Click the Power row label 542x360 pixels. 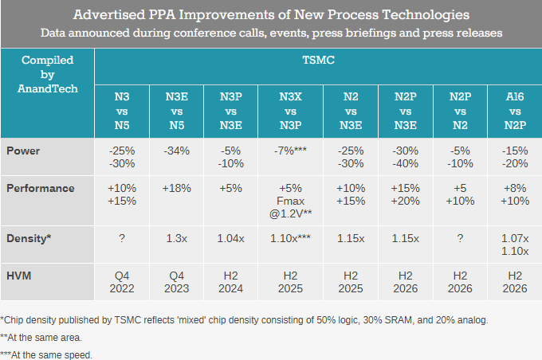point(23,150)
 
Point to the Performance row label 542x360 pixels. point(40,188)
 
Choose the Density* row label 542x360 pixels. point(29,238)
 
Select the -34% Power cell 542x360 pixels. point(176,150)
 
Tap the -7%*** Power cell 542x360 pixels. point(289,150)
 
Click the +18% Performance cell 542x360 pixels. point(176,188)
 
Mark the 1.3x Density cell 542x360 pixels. point(176,238)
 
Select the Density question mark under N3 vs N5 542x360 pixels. point(122,238)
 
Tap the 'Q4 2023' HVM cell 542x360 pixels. point(176,282)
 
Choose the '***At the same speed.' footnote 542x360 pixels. point(46,354)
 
